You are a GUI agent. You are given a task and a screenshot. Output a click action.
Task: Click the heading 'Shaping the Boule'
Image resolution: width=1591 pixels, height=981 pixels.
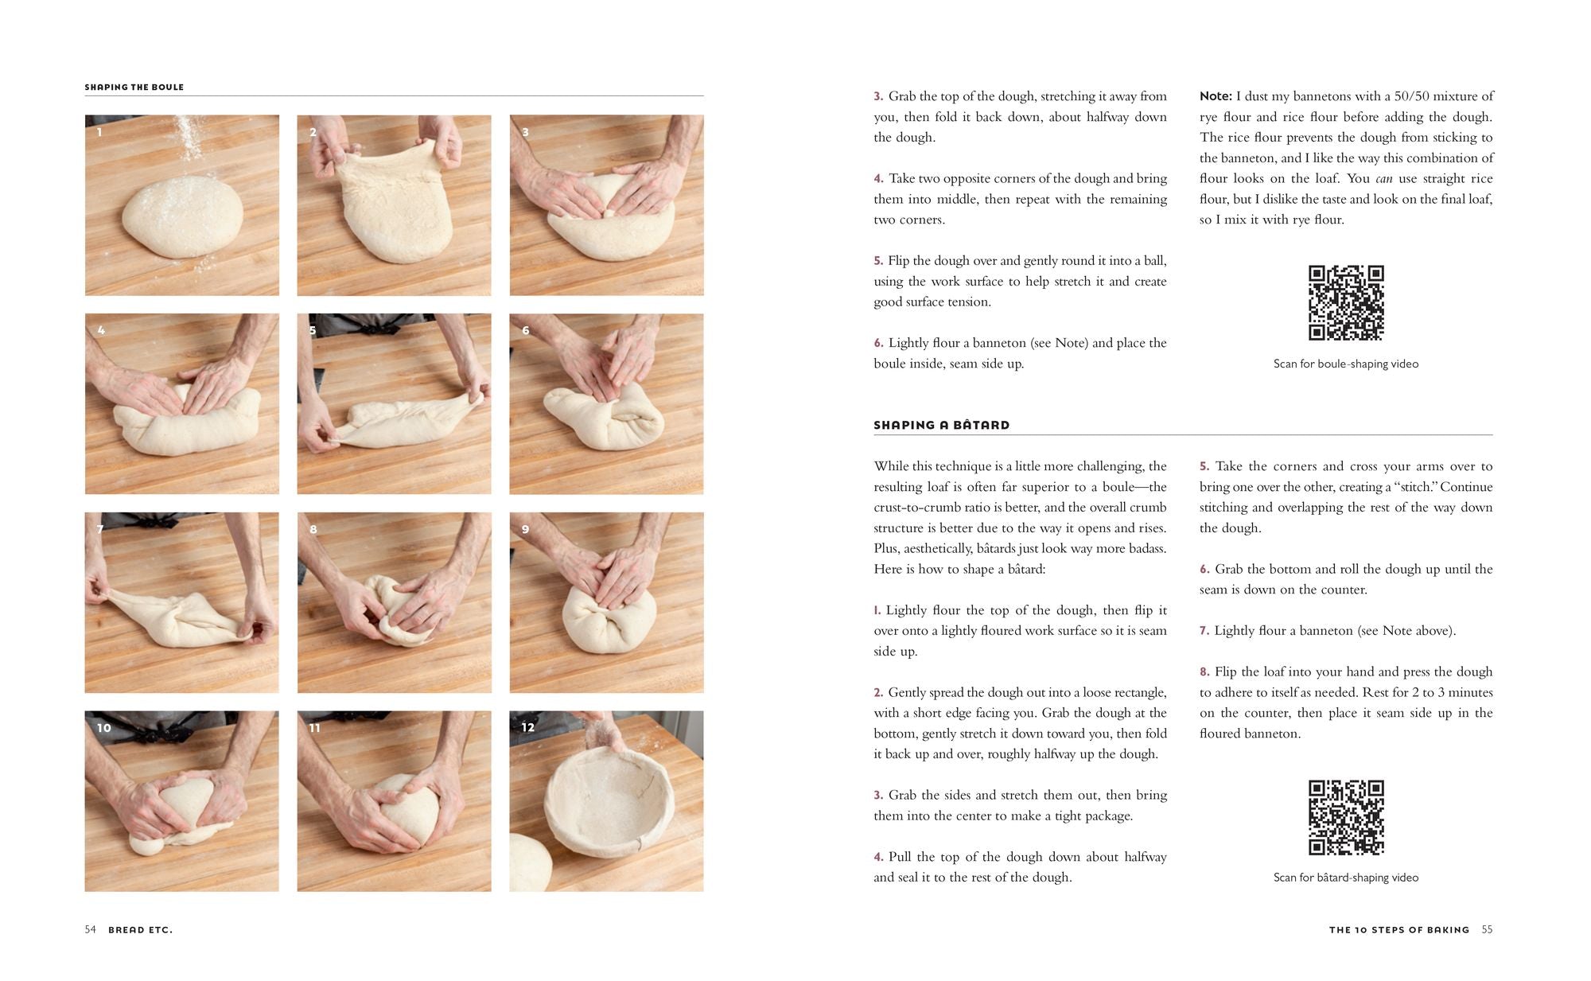click(134, 87)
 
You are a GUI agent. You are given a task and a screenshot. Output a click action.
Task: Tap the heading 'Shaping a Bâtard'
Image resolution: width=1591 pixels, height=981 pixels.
click(941, 425)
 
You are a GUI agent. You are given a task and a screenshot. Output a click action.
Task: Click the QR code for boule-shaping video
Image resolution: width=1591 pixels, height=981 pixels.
click(1346, 302)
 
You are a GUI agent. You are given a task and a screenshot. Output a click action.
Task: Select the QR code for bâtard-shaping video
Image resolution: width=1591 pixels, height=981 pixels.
click(1346, 817)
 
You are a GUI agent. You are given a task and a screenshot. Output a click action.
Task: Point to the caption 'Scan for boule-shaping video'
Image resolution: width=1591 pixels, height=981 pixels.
click(1345, 364)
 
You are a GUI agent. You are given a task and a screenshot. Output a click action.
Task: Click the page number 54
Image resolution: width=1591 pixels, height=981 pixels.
click(90, 929)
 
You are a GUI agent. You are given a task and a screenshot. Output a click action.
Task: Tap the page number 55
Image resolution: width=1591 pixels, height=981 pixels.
click(1487, 929)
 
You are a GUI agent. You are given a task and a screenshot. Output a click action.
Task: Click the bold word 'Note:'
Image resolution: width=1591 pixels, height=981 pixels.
click(1215, 96)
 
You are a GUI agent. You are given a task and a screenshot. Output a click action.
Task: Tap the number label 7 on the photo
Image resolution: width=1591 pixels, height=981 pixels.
click(100, 529)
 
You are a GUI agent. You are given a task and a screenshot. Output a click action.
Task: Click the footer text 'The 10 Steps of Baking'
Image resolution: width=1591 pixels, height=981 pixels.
click(1398, 929)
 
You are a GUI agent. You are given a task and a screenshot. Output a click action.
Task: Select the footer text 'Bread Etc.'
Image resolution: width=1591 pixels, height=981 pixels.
click(140, 929)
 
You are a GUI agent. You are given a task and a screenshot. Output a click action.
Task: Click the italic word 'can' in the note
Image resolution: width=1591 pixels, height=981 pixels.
click(1383, 179)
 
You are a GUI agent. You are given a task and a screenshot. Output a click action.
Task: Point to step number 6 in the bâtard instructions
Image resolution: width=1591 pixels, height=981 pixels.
click(1204, 569)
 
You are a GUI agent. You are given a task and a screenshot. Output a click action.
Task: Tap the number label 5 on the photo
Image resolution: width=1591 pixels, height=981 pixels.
click(313, 330)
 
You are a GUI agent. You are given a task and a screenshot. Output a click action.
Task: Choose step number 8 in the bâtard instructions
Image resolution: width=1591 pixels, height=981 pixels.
click(1204, 672)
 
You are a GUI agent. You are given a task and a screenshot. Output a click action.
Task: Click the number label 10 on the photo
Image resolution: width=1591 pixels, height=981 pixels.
click(103, 728)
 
